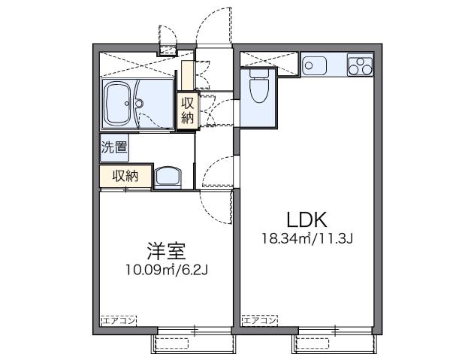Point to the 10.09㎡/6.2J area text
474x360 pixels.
[x=168, y=268]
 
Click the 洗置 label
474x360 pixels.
[x=114, y=147]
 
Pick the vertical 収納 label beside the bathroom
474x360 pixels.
[x=186, y=111]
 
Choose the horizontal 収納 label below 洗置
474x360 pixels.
[x=125, y=176]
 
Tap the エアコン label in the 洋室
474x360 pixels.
[x=119, y=319]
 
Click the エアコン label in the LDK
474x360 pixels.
[x=259, y=319]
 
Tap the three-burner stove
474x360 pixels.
[x=360, y=65]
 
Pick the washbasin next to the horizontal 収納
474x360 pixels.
[x=168, y=178]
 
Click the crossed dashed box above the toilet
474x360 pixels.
[x=260, y=59]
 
